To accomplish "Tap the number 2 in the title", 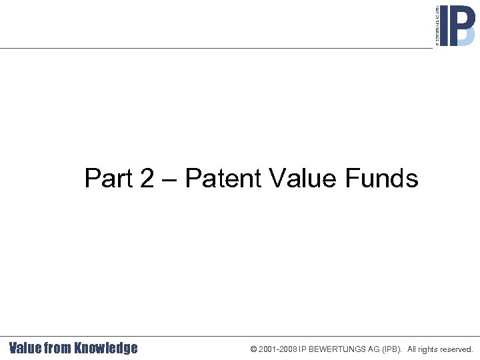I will pos(147,179).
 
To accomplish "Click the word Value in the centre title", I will pos(303,179).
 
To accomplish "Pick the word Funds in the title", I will pos(381,179).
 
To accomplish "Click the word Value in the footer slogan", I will pos(25,348).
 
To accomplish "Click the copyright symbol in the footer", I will pos(253,349).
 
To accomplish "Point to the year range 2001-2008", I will pos(278,349).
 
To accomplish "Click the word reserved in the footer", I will pos(458,349).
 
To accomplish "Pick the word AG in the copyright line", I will pos(369,349).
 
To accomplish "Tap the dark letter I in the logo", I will pos(445,25).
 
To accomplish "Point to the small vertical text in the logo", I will pos(437,25).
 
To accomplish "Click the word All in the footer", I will pos(413,349).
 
